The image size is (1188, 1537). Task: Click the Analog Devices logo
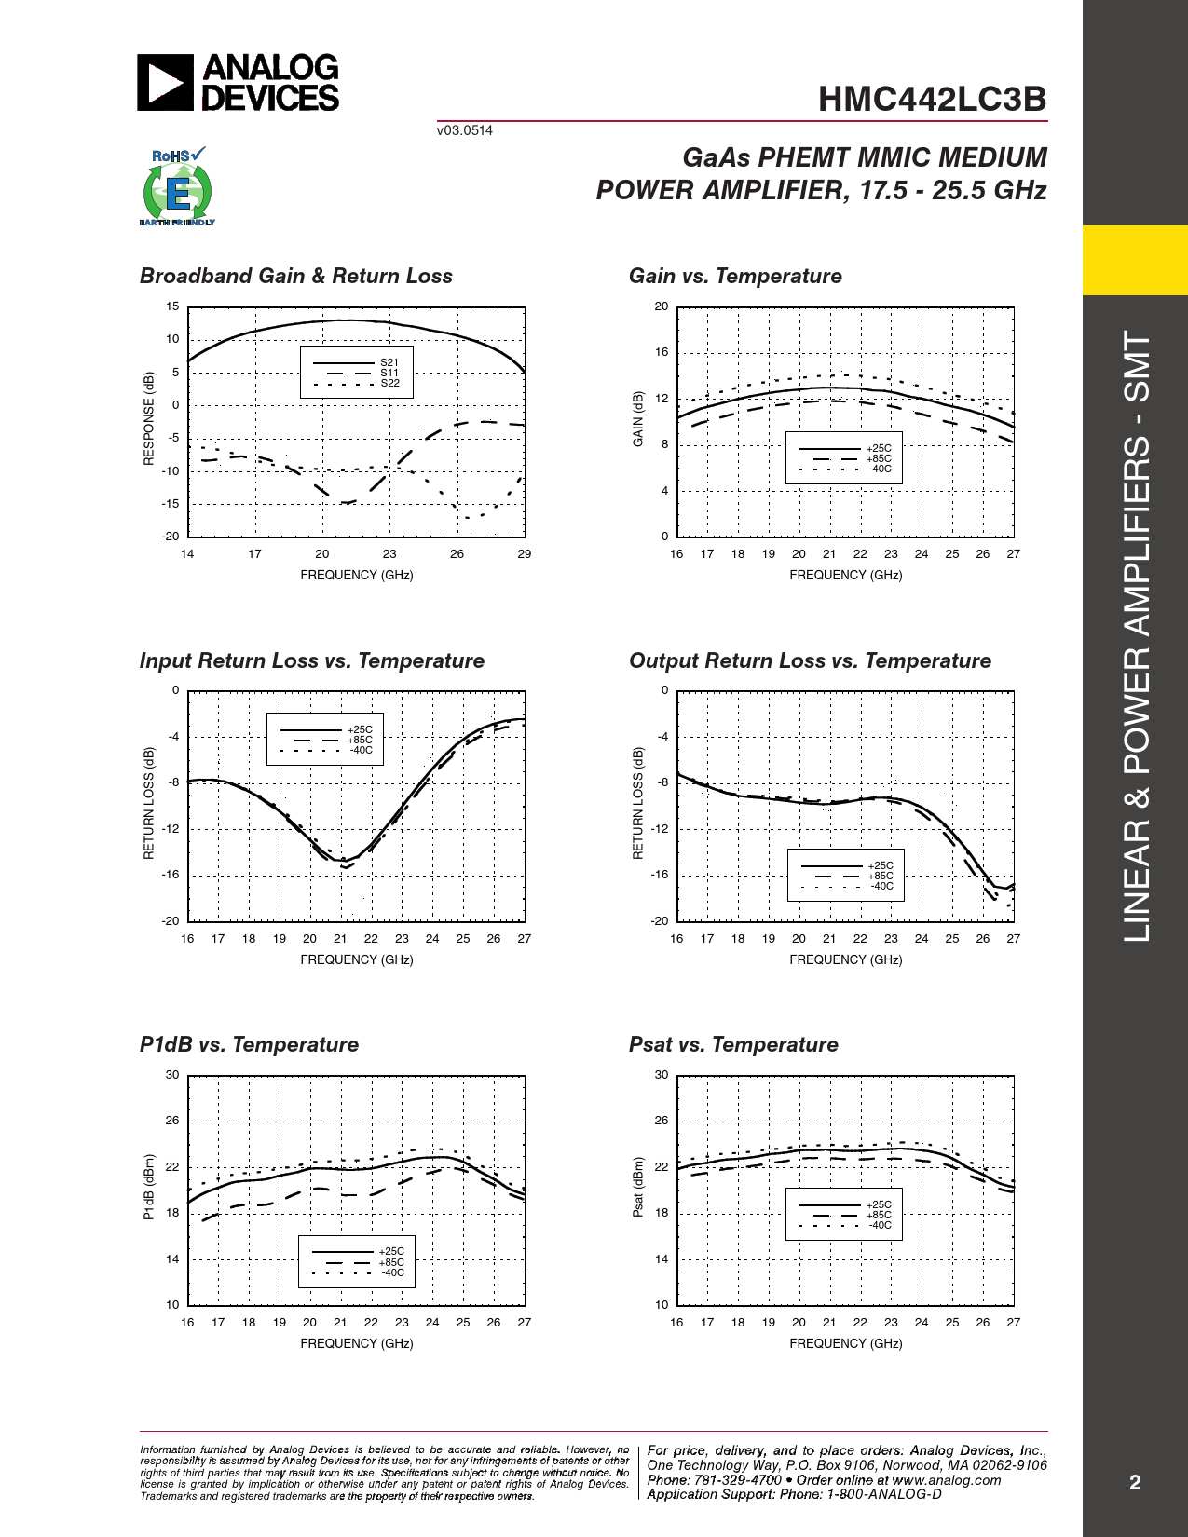click(x=239, y=83)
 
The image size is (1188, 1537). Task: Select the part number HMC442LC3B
click(x=932, y=100)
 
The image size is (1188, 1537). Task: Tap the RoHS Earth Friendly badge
click(x=177, y=187)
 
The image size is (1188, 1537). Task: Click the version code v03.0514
click(x=464, y=130)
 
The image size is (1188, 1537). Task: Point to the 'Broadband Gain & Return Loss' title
click(x=295, y=277)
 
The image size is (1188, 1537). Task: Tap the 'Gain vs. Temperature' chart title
click(x=735, y=277)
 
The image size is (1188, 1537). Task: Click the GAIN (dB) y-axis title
click(x=638, y=419)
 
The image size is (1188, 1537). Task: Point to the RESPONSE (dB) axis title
click(x=149, y=419)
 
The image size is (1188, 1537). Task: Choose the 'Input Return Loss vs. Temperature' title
click(x=311, y=661)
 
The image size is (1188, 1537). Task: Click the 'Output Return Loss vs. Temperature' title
click(x=810, y=661)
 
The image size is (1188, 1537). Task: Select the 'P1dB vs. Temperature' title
click(x=249, y=1045)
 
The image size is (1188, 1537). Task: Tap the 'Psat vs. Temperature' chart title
click(x=733, y=1045)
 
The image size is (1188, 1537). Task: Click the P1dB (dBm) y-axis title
click(x=149, y=1188)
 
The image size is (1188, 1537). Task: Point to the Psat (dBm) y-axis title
click(x=638, y=1188)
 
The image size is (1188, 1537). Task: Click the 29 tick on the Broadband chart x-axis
click(x=525, y=554)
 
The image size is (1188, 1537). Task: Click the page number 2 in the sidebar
click(x=1135, y=1483)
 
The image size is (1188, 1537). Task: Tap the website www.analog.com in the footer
click(x=947, y=1480)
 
